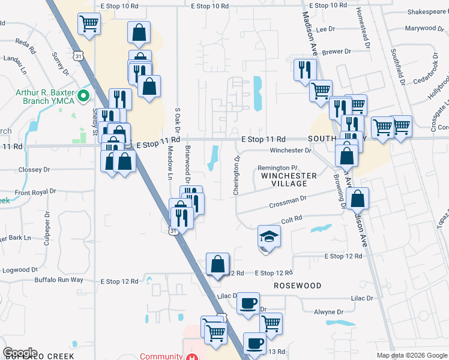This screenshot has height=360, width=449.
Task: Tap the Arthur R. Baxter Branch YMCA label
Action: pos(45,96)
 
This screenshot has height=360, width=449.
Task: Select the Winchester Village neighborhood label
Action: pos(289,180)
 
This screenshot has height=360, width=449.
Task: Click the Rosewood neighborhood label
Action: pos(298,286)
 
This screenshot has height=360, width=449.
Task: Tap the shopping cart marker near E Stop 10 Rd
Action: pos(89,24)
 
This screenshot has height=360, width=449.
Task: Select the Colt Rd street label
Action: pos(291,220)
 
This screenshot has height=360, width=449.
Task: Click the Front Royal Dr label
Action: pos(35,192)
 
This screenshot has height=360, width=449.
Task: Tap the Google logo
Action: pos(20,352)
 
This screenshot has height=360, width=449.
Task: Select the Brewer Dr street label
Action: pos(336,52)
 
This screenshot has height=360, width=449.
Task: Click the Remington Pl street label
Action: pos(277,167)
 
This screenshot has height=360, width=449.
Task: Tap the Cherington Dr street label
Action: pos(237,175)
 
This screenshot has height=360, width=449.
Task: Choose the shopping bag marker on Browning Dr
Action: pos(358,198)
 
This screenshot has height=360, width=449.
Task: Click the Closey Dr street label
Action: pos(34,170)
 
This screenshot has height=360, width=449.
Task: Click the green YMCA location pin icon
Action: pos(84,95)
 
